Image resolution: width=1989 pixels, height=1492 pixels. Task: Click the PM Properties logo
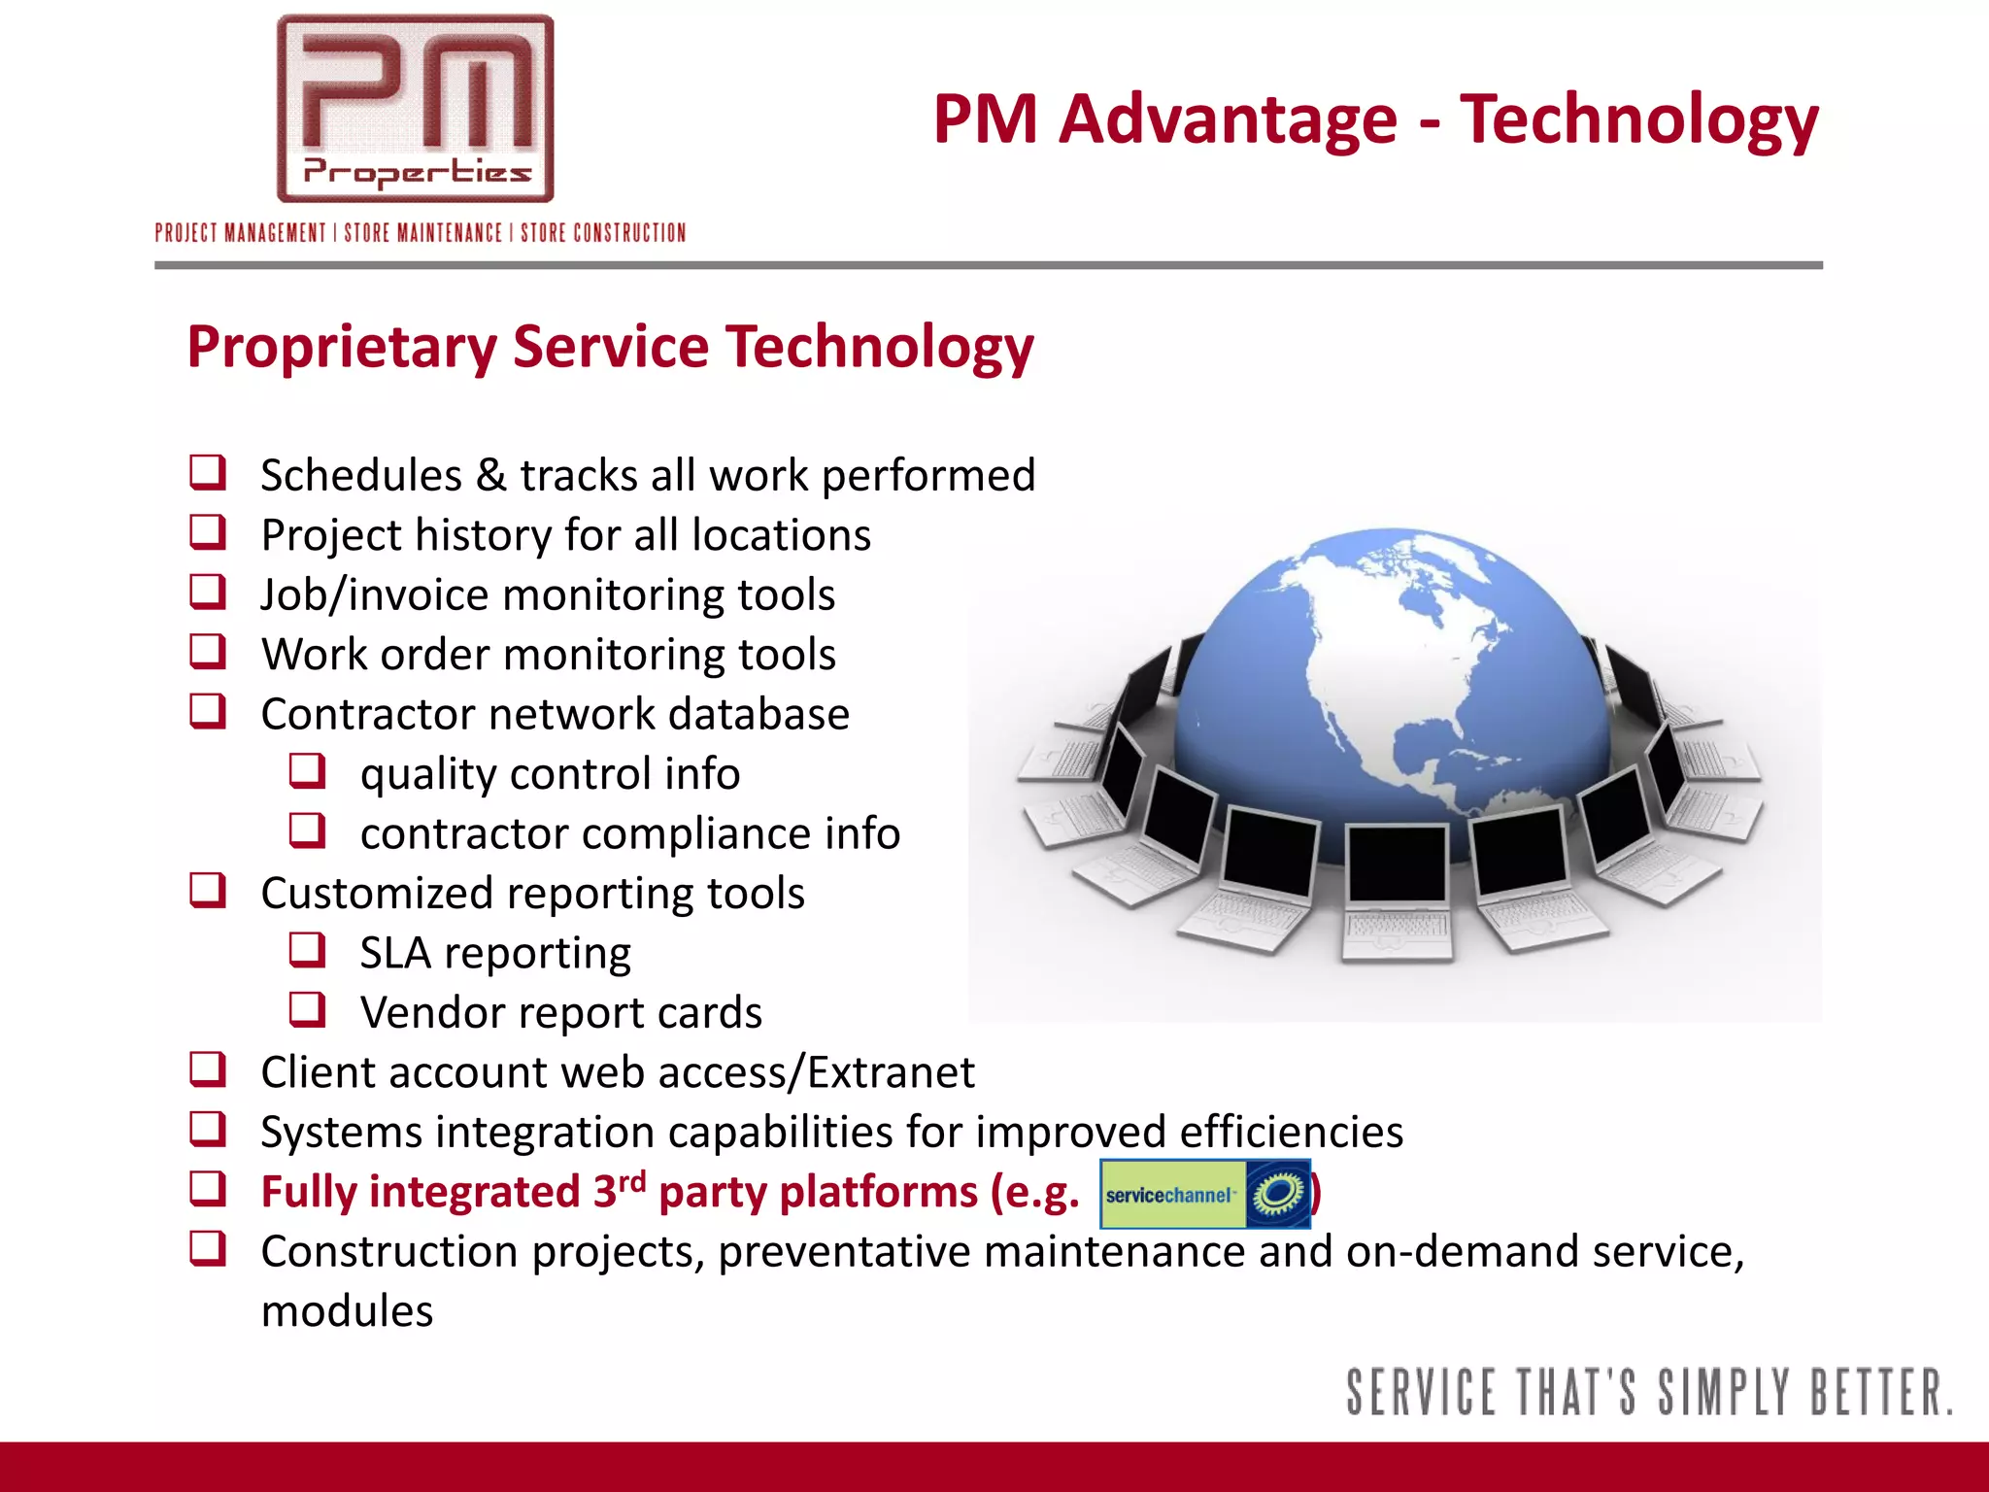click(415, 109)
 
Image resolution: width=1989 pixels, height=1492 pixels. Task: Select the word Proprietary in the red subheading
click(342, 348)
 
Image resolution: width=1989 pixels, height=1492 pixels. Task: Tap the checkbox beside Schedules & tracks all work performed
click(208, 473)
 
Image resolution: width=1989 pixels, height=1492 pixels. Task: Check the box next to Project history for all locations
click(208, 532)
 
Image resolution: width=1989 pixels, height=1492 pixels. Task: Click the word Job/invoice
click(373, 595)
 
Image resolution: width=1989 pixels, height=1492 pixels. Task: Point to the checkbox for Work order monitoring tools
click(208, 652)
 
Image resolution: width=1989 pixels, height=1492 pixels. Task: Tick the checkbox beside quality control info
click(308, 771)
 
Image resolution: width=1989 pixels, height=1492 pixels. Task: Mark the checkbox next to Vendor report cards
click(308, 1010)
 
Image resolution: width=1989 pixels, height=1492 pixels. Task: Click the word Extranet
click(891, 1072)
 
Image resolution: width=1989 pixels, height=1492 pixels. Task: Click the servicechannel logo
click(1205, 1194)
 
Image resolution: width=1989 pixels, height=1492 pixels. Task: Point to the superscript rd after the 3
click(632, 1181)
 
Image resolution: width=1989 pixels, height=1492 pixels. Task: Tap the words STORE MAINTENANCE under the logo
click(423, 233)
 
